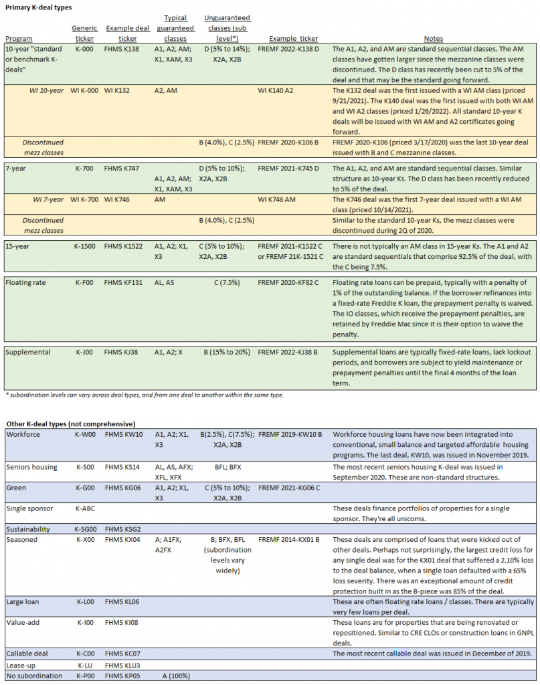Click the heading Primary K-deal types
point(39,7)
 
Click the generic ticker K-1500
point(88,247)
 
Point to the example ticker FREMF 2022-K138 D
point(294,50)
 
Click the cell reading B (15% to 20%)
point(223,352)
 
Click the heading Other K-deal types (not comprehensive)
point(70,424)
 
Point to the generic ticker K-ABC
point(86,508)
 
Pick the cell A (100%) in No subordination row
point(173,676)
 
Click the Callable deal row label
point(29,653)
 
